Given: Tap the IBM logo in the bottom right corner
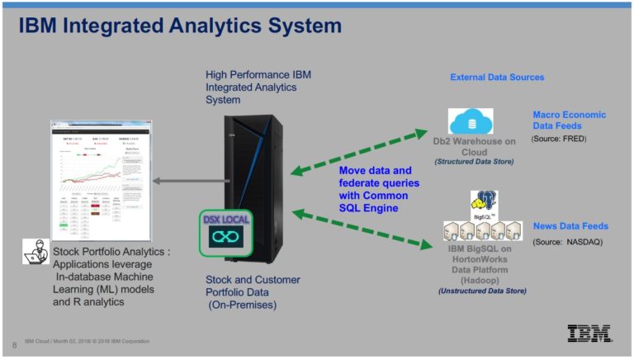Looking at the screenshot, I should (x=589, y=333).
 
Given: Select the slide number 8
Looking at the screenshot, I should (x=14, y=344).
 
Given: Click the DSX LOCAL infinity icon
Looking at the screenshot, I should (x=225, y=236).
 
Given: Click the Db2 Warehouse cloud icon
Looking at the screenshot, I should (x=470, y=121).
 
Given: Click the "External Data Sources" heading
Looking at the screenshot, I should (x=497, y=78).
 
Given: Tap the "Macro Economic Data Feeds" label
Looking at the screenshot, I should (x=569, y=121).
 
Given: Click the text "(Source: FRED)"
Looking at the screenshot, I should (x=559, y=139).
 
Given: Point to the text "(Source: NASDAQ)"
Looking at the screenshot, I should (x=569, y=241).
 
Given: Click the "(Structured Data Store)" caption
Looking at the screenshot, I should (x=474, y=162).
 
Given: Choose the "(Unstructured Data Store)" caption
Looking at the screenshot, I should (x=482, y=291).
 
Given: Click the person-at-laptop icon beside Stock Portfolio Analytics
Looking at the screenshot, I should (x=35, y=251).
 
